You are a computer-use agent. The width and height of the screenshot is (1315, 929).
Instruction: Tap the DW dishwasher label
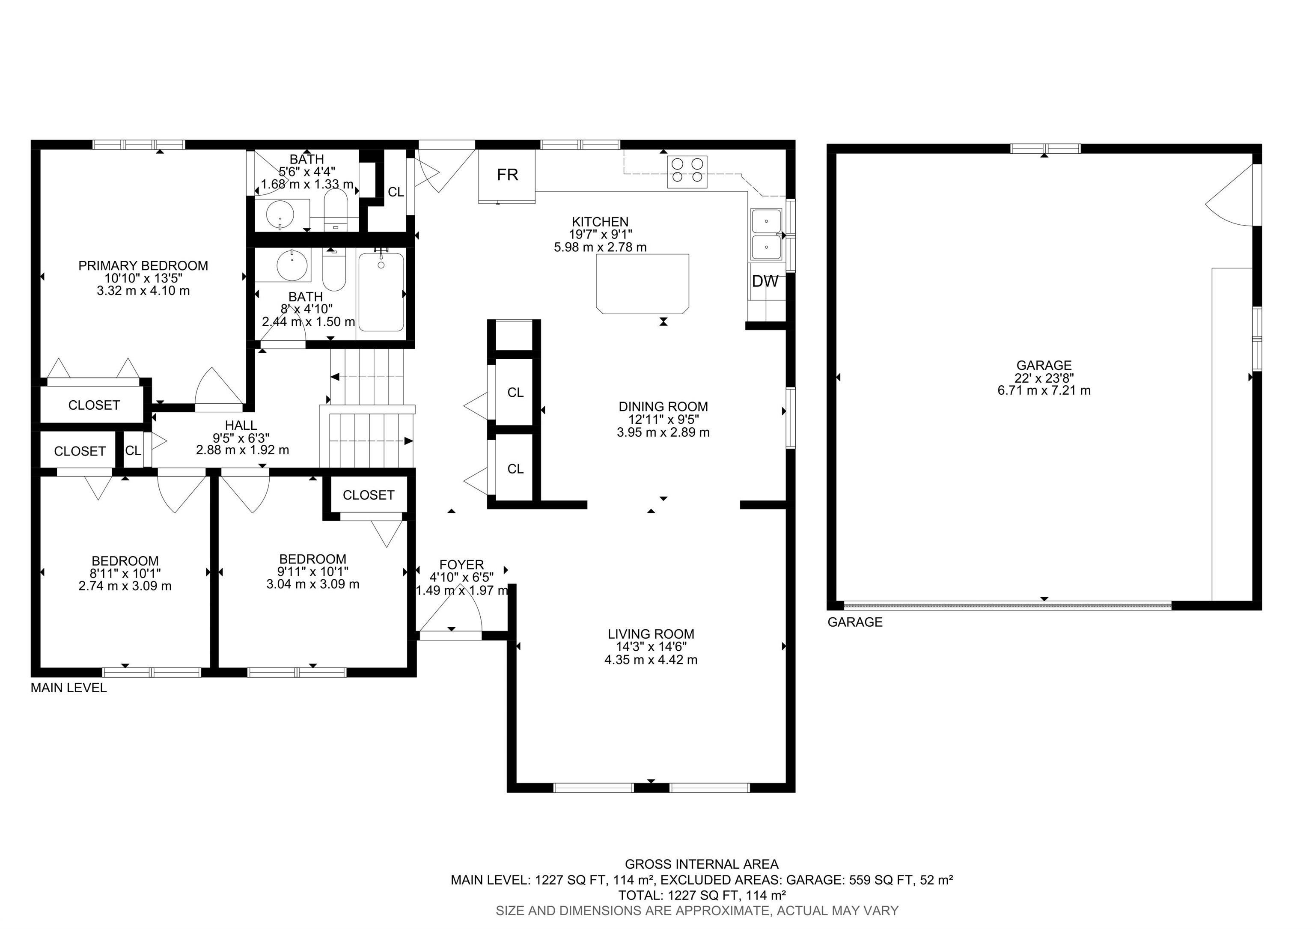point(765,281)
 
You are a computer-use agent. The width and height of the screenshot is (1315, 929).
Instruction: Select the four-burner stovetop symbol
point(687,171)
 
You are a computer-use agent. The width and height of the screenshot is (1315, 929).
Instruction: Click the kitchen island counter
point(642,283)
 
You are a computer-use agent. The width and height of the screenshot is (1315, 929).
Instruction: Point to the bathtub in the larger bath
point(381,292)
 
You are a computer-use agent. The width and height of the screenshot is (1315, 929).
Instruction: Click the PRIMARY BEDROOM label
point(143,266)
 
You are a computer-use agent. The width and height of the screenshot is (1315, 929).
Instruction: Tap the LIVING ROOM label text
point(651,634)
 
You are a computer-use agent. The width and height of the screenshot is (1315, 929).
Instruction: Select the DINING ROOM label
point(663,407)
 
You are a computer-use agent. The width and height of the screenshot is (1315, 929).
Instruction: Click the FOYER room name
point(461,565)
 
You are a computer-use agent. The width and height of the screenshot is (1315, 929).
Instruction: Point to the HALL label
point(241,426)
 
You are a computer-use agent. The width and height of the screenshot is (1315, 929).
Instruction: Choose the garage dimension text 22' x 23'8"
point(1044,378)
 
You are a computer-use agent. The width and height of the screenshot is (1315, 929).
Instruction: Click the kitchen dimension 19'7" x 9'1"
point(600,234)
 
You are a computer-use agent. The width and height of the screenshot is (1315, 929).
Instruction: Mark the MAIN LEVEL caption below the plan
point(69,688)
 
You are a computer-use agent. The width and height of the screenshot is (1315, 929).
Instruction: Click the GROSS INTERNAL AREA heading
point(702,864)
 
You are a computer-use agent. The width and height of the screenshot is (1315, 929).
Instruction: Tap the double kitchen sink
point(766,235)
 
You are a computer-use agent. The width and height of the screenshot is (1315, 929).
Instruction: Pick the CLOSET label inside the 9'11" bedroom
point(369,495)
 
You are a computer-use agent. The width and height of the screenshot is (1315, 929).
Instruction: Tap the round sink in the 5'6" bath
point(280,215)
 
